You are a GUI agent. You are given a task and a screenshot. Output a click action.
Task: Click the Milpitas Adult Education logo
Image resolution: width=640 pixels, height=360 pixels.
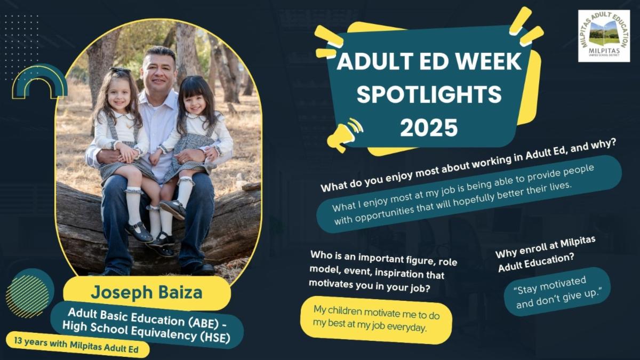click(x=604, y=36)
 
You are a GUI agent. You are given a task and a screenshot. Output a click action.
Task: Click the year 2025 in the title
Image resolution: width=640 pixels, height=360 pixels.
click(x=429, y=128)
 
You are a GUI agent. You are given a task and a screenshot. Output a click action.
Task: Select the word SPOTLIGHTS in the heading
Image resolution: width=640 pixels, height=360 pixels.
click(x=429, y=94)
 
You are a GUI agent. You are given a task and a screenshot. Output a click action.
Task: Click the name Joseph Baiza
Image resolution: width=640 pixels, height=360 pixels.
click(x=147, y=292)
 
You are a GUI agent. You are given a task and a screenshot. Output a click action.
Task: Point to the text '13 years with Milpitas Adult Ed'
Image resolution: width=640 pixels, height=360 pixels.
click(x=77, y=345)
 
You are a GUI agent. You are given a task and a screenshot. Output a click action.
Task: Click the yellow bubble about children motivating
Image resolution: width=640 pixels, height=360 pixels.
click(x=376, y=320)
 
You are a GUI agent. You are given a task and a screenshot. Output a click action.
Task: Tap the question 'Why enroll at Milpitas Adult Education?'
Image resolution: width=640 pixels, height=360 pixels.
click(x=545, y=255)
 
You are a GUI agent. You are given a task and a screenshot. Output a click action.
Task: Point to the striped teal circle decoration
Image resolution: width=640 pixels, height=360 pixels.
click(x=30, y=293)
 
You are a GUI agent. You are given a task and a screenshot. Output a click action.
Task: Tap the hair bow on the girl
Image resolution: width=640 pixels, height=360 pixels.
click(x=119, y=70)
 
